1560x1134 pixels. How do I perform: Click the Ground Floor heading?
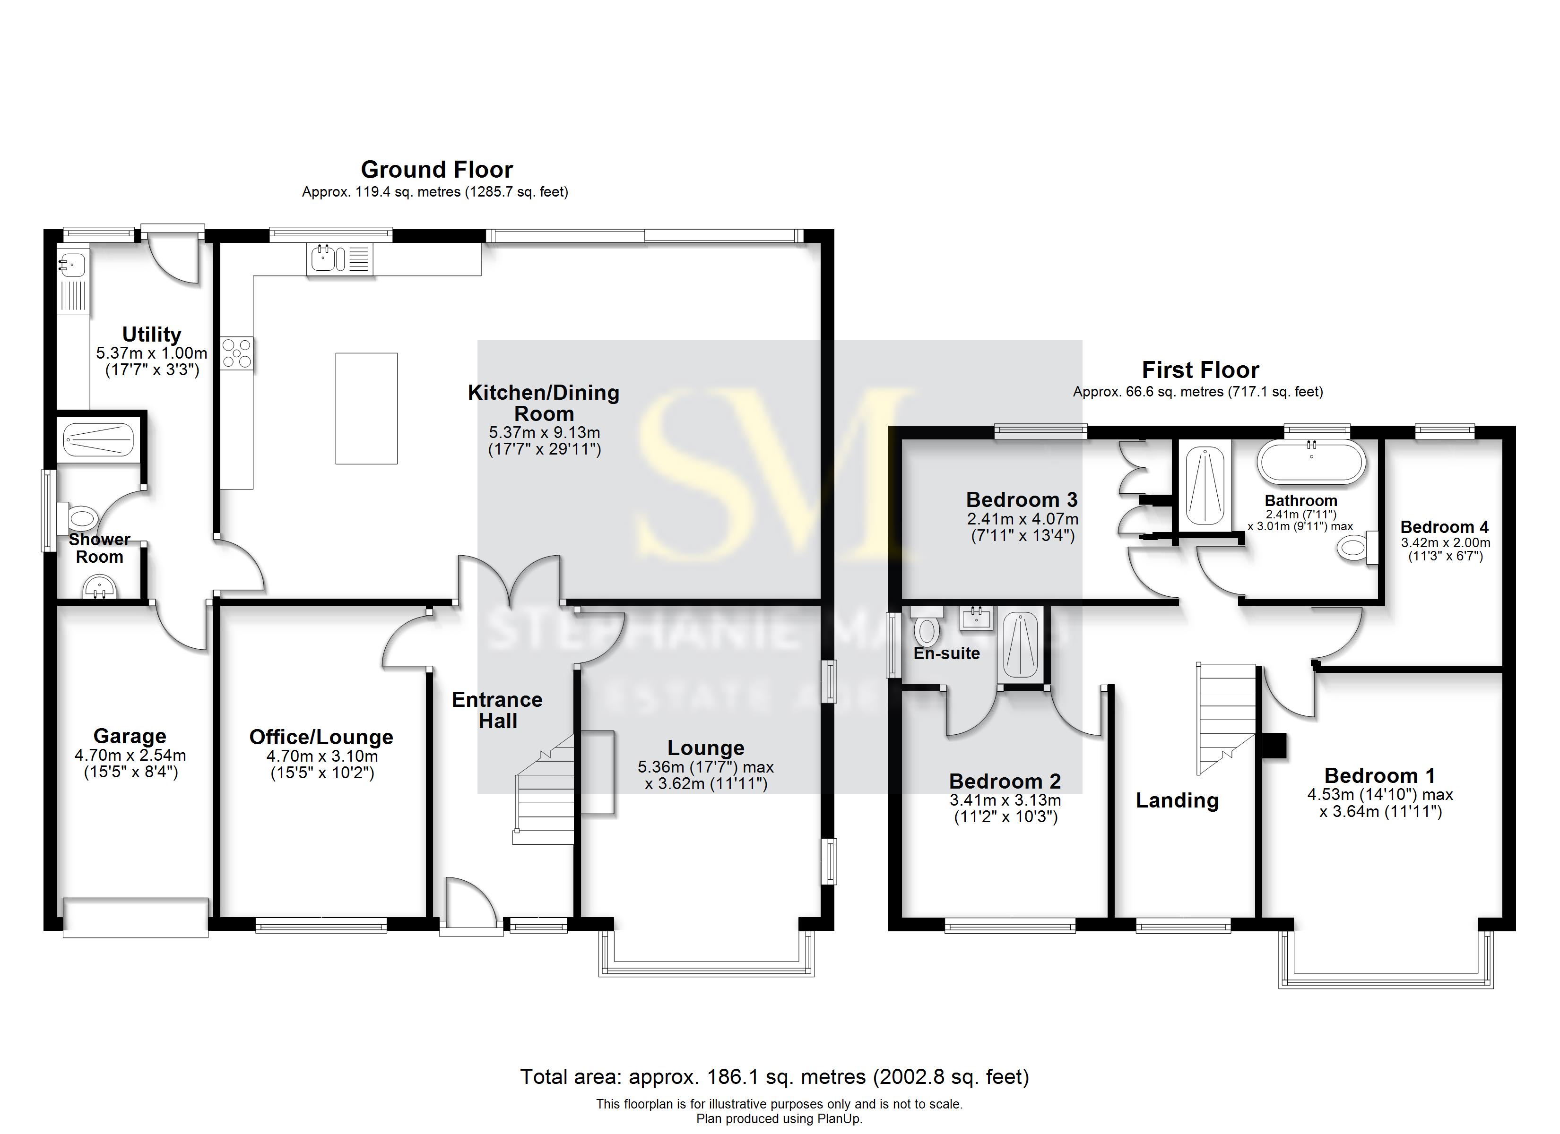[x=437, y=170]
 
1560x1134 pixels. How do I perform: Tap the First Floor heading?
[x=1200, y=370]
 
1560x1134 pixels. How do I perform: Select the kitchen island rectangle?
[x=366, y=409]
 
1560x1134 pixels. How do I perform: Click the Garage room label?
[x=130, y=737]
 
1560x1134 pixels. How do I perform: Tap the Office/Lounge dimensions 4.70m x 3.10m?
[x=322, y=756]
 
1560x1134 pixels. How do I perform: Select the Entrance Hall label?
[x=497, y=710]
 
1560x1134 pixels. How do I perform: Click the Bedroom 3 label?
[x=1022, y=500]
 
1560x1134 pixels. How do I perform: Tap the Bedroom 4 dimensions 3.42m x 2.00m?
[x=1445, y=542]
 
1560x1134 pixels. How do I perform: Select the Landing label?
[x=1177, y=800]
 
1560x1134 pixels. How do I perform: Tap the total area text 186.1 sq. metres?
[x=774, y=1077]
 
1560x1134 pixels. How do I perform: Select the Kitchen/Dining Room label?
[x=543, y=403]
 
